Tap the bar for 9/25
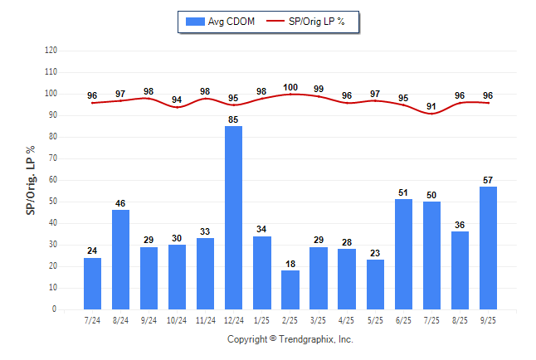pos(488,248)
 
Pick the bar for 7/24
pos(93,284)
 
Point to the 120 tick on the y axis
pos(51,51)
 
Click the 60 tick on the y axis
pos(53,180)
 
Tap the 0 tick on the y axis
pos(55,309)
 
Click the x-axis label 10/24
pos(178,320)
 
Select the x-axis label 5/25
pos(375,320)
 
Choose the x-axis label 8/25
pos(460,320)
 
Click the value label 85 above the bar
pos(234,119)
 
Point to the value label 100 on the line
pos(290,87)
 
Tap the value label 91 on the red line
pos(431,106)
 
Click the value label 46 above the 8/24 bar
pos(121,202)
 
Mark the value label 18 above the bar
pos(290,263)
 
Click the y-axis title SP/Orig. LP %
pos(31,179)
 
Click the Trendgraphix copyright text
pos(290,339)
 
